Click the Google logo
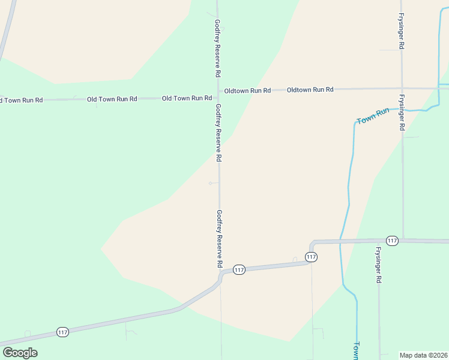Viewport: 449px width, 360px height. click(x=20, y=353)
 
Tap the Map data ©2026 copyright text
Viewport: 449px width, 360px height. click(x=423, y=355)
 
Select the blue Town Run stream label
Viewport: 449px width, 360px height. click(x=373, y=116)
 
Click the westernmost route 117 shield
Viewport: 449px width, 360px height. click(x=62, y=332)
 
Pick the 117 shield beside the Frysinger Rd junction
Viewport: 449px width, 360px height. click(x=393, y=241)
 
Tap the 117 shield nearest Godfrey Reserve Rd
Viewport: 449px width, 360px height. click(x=239, y=270)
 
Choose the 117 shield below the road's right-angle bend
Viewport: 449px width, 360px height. click(x=310, y=257)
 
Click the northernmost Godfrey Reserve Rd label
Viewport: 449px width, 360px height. click(x=218, y=48)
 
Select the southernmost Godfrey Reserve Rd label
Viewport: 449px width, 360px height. click(x=220, y=239)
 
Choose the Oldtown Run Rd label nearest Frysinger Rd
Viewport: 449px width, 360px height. click(x=310, y=89)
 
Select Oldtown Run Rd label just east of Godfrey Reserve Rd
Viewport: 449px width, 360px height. click(x=247, y=91)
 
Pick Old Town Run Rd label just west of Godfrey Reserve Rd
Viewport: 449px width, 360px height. click(x=187, y=98)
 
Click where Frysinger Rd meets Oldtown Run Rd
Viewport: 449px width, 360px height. click(x=402, y=88)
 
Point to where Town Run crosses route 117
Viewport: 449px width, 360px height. click(x=340, y=241)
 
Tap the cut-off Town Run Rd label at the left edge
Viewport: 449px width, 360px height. click(x=22, y=100)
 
